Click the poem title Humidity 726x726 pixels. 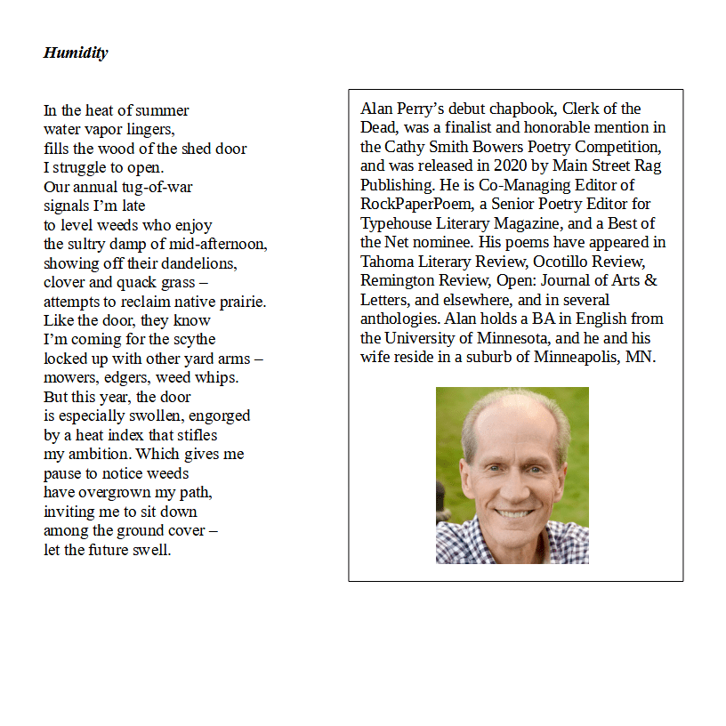[76, 52]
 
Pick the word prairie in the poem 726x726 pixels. [240, 302]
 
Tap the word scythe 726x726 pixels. [194, 340]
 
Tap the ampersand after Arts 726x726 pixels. [650, 280]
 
